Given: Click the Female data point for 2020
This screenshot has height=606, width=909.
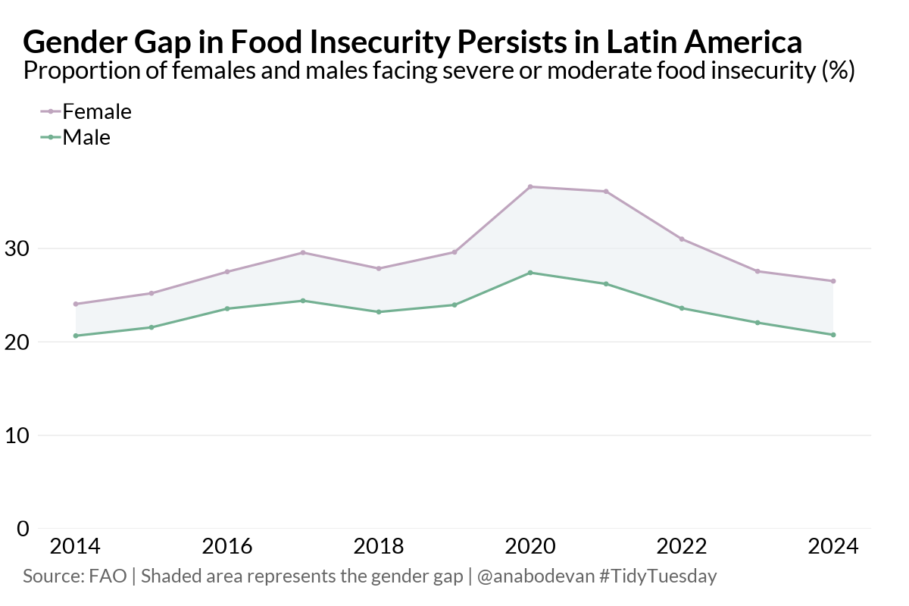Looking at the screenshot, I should coord(530,186).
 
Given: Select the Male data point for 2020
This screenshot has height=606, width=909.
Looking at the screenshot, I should coord(530,273).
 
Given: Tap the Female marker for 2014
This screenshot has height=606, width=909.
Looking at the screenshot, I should coord(76,304).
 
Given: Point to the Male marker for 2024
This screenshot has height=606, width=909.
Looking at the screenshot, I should coord(833,335).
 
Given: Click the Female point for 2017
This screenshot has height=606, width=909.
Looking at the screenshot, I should coord(303,252).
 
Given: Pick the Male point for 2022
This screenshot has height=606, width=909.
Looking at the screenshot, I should coord(682,308).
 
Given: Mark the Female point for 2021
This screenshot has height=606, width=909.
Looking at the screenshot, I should coord(606,192).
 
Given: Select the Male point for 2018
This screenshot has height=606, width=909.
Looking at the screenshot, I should coord(379,312).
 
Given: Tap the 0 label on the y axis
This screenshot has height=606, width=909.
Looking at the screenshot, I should coord(23,529).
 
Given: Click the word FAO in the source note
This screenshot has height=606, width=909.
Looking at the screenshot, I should coord(108,576).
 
